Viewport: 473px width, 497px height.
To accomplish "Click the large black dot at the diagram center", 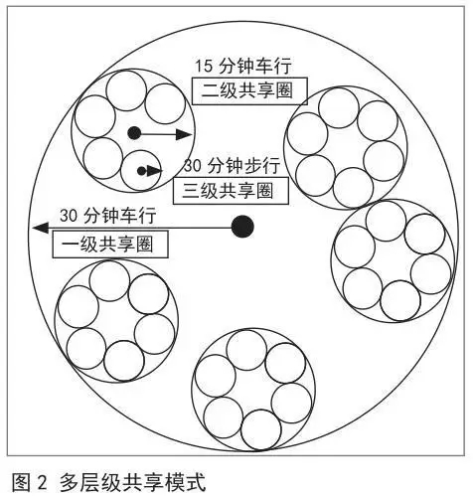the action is point(242,227).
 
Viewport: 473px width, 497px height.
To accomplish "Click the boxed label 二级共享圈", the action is point(249,91).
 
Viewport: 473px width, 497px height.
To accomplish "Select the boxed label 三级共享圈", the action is point(231,191).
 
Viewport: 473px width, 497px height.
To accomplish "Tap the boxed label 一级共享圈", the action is point(110,245).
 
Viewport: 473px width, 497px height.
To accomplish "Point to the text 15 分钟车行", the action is point(242,66).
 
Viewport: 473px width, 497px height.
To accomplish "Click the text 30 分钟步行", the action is point(233,166).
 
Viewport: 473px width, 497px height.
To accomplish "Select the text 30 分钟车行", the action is point(108,216).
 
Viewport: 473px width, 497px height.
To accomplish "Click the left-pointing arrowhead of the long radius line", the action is point(41,228).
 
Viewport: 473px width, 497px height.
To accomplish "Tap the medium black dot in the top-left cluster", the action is point(134,133).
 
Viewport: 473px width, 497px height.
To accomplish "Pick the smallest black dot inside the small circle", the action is point(141,171).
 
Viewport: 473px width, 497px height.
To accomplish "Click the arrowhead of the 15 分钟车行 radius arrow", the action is point(184,134).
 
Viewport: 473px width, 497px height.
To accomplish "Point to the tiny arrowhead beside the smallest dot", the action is point(155,171).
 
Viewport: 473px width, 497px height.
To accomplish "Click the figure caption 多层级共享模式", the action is point(133,482).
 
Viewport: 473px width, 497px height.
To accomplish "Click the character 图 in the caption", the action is point(20,482).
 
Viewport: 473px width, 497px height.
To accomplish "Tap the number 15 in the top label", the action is point(203,66).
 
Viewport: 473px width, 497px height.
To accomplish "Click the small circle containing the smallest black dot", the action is point(120,172).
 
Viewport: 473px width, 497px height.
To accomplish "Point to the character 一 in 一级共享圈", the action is point(70,245).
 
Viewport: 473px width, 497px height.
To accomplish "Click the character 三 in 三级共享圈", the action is point(191,191).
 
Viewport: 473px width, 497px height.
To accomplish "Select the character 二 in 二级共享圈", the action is point(210,91).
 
